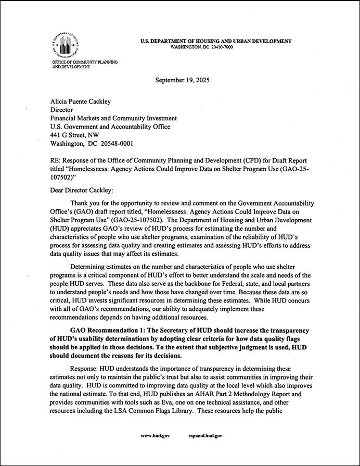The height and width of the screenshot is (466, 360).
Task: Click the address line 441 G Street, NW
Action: (x=76, y=135)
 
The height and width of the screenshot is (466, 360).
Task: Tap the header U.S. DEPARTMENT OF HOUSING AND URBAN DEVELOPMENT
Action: (x=216, y=41)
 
